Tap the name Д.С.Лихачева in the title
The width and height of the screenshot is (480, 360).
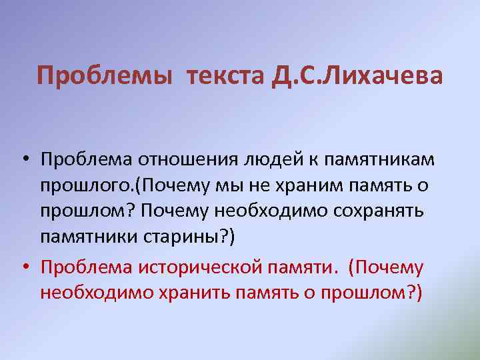357,76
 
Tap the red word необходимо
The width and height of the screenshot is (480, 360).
87,293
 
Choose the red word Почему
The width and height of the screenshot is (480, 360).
389,267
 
